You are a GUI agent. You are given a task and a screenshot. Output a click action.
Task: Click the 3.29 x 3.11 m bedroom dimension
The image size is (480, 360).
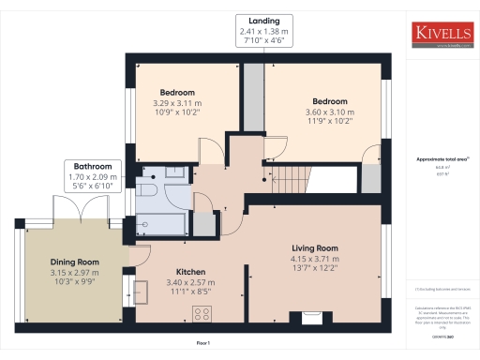coord(177,102)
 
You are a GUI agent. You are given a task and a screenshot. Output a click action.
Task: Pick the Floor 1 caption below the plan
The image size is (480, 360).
coord(202,344)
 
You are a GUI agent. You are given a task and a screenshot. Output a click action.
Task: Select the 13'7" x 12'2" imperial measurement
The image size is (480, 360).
coord(311,267)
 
